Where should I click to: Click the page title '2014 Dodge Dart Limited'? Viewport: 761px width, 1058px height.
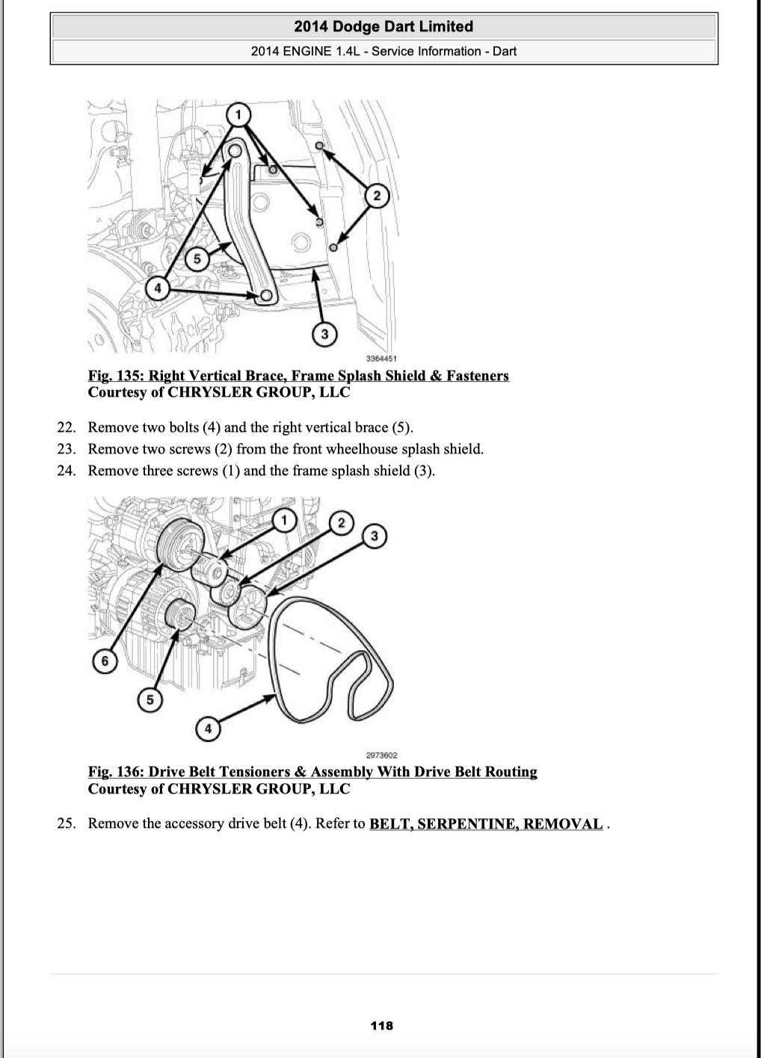click(383, 27)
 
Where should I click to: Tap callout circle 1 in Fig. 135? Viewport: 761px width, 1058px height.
click(238, 114)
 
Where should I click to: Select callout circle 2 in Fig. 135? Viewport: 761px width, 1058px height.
click(377, 196)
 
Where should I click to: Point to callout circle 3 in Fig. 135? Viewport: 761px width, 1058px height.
click(324, 334)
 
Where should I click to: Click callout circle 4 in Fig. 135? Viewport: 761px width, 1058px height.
click(158, 288)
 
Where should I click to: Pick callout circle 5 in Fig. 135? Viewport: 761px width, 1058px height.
click(197, 259)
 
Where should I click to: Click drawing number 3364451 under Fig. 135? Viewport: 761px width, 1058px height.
click(381, 359)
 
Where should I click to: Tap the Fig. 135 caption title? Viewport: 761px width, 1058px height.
click(298, 376)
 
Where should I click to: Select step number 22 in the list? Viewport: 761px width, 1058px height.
click(67, 427)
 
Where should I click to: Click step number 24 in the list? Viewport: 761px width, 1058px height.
click(67, 471)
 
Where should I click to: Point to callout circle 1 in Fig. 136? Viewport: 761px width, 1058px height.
click(283, 520)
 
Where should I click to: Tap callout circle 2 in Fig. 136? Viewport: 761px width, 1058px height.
click(342, 522)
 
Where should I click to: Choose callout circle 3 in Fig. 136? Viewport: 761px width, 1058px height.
click(375, 536)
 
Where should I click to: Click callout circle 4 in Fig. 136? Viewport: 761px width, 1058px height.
click(208, 728)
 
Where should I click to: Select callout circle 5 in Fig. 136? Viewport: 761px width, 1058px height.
click(150, 700)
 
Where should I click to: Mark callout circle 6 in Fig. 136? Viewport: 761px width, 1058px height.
click(105, 661)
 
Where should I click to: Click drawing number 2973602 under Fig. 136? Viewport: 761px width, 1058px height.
click(381, 755)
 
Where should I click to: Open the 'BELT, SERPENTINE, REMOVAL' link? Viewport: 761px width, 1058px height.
click(486, 824)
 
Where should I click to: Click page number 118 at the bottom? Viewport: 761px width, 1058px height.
click(381, 1026)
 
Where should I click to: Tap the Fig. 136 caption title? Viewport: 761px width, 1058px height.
click(312, 772)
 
